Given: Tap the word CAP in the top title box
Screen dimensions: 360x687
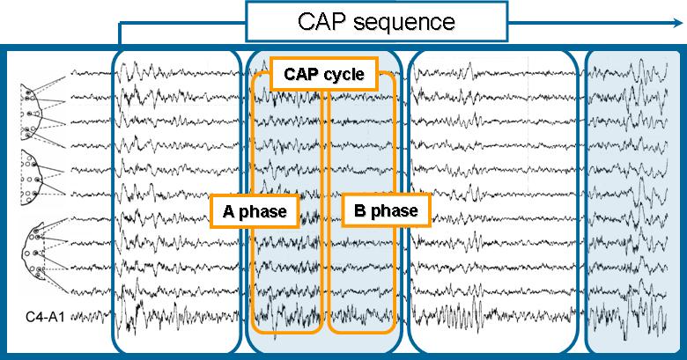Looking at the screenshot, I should click(x=322, y=21).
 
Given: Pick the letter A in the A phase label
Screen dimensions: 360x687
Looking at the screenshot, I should click(x=227, y=211).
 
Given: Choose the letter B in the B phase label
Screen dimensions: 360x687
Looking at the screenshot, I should click(x=359, y=211).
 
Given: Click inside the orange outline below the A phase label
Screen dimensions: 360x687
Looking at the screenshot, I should click(x=286, y=282).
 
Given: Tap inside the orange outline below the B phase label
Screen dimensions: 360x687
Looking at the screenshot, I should click(x=361, y=282).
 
